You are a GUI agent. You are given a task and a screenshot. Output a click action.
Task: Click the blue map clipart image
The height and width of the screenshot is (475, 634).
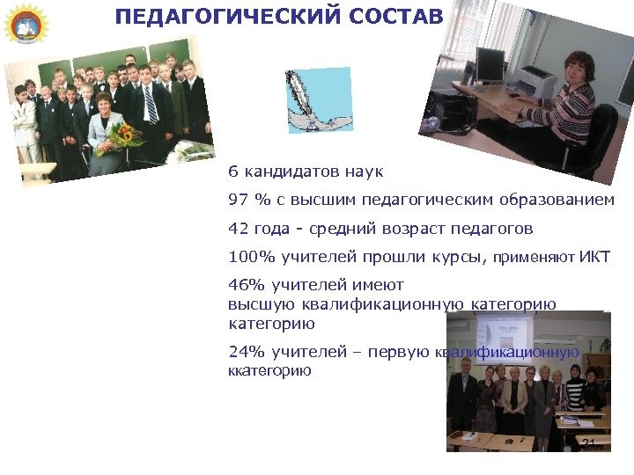click(x=318, y=100)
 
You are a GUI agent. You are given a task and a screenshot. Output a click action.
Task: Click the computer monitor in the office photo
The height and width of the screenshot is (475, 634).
click(x=489, y=63)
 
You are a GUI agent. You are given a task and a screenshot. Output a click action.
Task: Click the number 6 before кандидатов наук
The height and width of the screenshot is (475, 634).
click(x=232, y=172)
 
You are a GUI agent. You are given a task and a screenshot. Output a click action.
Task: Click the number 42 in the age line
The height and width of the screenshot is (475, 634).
click(x=239, y=229)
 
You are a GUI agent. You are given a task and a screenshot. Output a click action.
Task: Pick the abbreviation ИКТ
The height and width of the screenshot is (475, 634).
click(x=594, y=258)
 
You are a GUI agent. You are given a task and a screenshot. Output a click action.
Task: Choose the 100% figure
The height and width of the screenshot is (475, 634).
click(x=247, y=258)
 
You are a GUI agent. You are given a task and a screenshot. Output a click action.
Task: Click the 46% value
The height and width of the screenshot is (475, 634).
click(x=247, y=285)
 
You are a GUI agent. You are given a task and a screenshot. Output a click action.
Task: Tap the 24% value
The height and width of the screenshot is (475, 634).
click(x=247, y=352)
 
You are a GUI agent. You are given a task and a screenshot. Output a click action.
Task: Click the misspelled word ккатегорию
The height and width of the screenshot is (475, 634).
click(x=269, y=371)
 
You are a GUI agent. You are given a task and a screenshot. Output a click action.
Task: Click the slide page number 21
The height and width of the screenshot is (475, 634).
click(x=588, y=442)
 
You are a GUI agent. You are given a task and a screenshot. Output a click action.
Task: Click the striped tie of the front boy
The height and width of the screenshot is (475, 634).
click(x=151, y=105)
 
